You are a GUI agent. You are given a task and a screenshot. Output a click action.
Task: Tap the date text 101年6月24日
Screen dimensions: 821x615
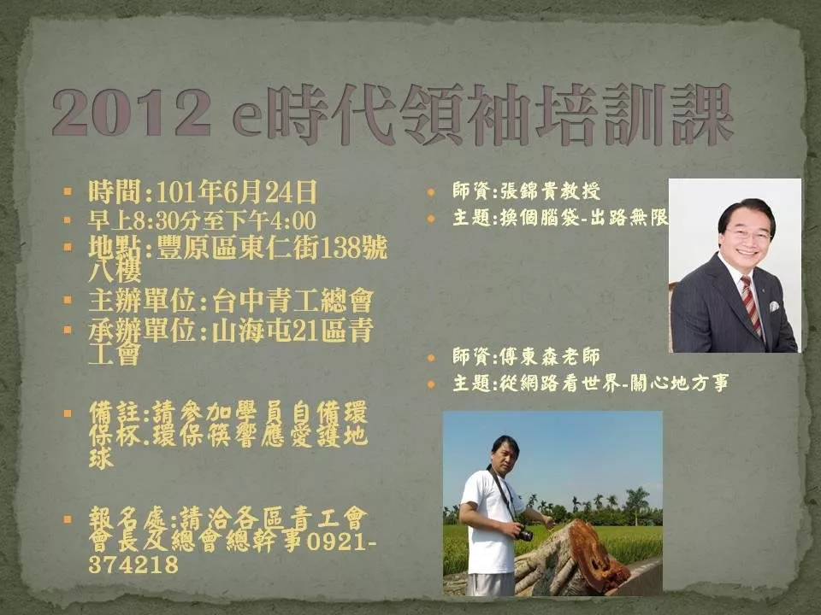236,192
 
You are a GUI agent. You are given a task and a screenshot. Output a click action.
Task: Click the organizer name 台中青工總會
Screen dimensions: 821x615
292,301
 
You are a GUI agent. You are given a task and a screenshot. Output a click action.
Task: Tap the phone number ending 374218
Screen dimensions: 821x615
133,565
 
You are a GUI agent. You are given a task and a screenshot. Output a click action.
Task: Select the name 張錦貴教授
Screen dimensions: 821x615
550,190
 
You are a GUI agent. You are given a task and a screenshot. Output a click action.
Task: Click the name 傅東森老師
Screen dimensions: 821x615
550,357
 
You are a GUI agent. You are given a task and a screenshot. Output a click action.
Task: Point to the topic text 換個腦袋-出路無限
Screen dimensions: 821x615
584,217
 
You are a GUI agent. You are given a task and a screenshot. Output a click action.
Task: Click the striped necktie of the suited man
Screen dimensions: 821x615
752,306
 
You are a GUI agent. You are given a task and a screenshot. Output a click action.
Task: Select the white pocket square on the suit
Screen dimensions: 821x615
775,307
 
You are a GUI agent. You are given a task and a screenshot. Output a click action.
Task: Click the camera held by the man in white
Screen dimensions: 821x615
524,534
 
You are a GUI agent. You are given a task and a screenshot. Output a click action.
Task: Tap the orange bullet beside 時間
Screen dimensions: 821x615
67,191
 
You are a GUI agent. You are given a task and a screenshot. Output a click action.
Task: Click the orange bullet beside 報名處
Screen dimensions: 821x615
67,519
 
